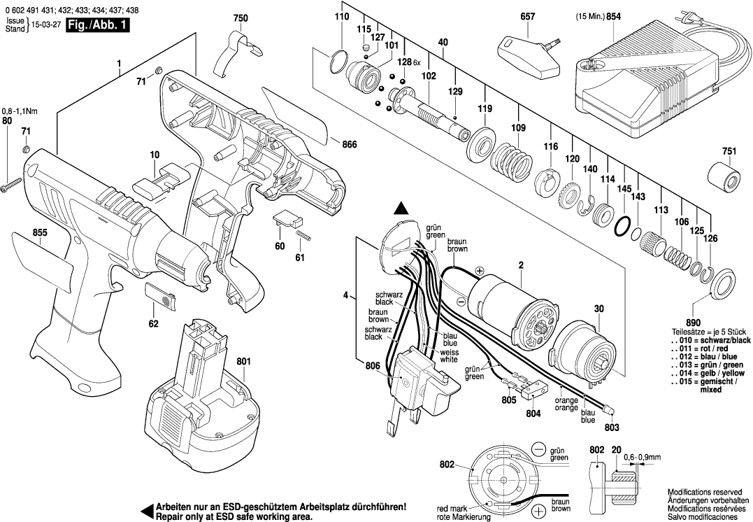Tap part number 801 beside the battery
click(x=243, y=362)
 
